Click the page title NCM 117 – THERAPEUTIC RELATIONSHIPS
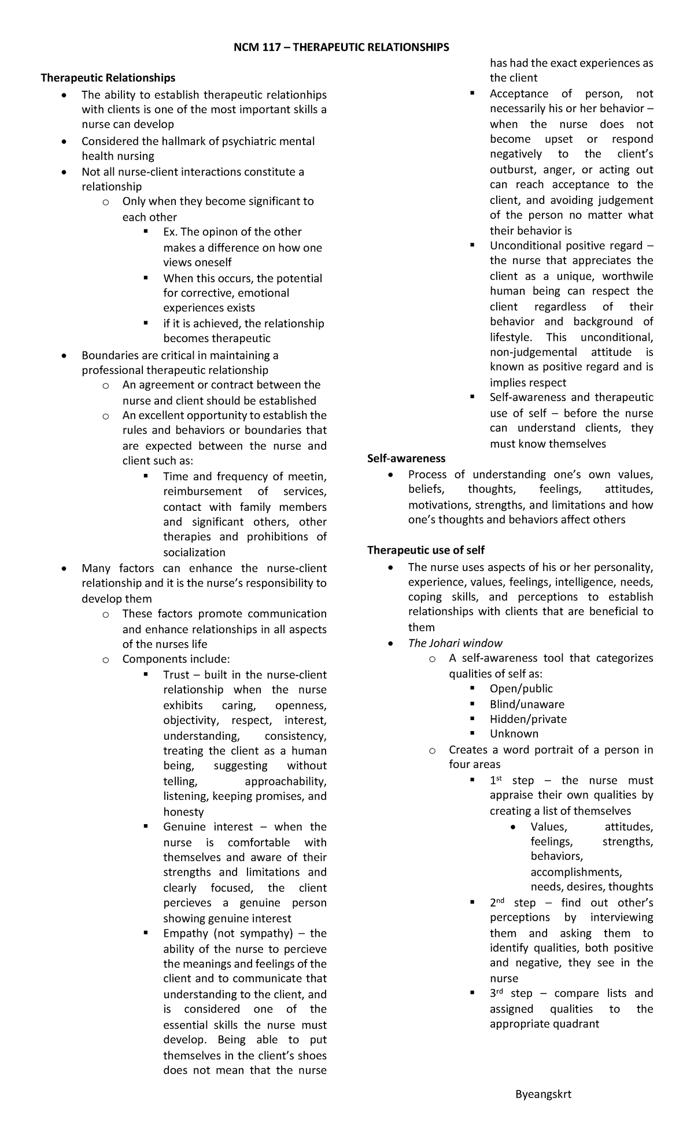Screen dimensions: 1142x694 coord(341,47)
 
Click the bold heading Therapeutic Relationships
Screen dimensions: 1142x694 coord(108,77)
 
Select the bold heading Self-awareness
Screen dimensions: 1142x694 coord(406,458)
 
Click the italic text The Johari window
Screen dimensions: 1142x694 coord(455,643)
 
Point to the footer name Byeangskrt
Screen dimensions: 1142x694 coord(543,1094)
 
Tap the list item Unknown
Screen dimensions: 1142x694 coord(514,734)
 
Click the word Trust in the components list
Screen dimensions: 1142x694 coord(176,674)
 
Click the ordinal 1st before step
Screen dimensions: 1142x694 coord(496,780)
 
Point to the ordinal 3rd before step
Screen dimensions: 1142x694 coord(497,993)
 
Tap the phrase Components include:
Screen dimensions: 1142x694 coord(176,659)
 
